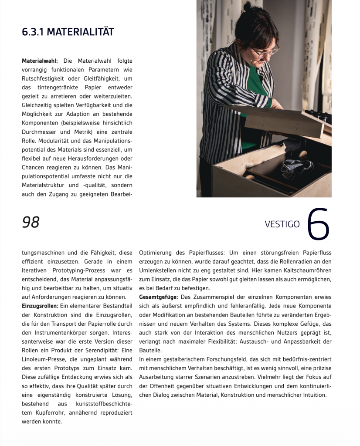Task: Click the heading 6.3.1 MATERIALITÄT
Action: [x=68, y=32]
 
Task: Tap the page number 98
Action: [x=31, y=223]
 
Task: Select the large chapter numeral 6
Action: [x=318, y=224]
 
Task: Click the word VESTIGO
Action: [x=282, y=224]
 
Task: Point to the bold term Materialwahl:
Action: [x=40, y=61]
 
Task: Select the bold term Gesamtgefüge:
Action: [x=158, y=297]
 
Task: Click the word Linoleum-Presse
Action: [x=47, y=359]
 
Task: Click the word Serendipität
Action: [x=96, y=350]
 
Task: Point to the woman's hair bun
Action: [x=247, y=7]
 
